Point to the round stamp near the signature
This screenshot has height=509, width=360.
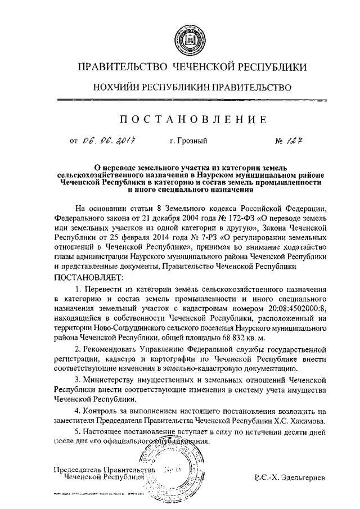click(x=169, y=470)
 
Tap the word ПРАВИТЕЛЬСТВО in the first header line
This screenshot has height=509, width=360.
click(x=120, y=67)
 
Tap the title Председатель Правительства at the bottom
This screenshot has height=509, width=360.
click(x=103, y=470)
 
